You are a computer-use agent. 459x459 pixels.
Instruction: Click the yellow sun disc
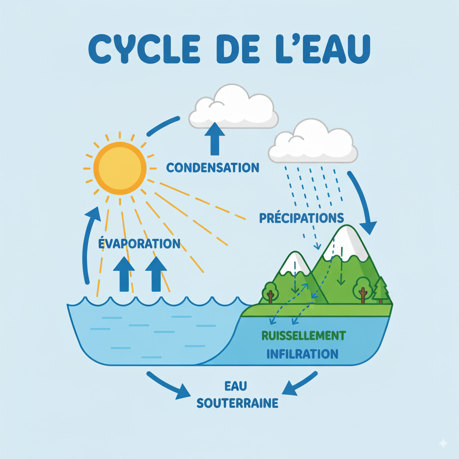(120, 169)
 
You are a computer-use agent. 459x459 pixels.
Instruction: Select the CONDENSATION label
(212, 168)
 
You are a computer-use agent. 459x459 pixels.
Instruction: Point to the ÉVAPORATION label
(139, 244)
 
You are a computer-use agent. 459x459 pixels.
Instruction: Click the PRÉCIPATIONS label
(301, 218)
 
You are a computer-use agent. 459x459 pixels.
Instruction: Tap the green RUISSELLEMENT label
(303, 335)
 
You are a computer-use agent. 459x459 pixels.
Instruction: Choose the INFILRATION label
(302, 354)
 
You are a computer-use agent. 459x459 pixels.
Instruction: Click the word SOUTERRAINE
(238, 403)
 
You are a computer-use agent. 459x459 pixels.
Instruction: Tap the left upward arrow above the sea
(124, 273)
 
